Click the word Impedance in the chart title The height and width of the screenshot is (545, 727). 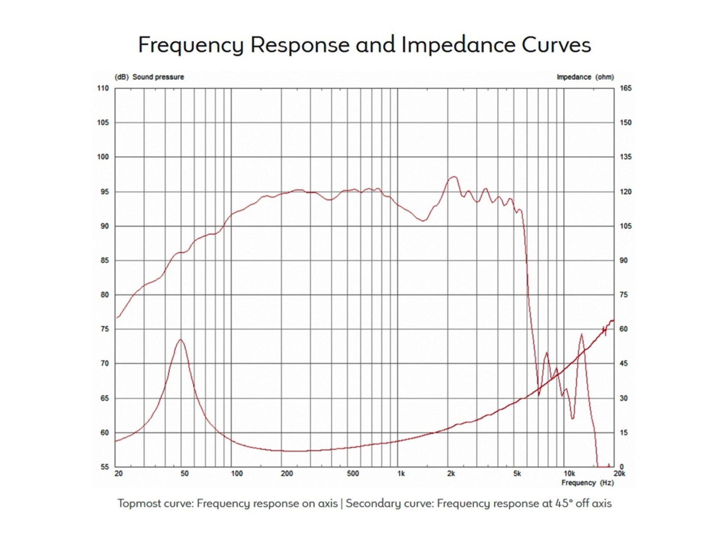coord(458,45)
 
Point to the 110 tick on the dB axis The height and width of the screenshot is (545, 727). coord(103,88)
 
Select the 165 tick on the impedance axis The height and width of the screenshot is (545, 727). coord(626,88)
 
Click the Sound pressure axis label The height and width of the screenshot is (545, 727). coord(158,77)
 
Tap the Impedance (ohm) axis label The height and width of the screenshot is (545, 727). coord(585,77)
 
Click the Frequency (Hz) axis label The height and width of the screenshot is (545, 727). coord(587,483)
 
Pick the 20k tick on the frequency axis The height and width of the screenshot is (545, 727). coord(619,473)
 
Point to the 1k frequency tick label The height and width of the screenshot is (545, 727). coord(401,473)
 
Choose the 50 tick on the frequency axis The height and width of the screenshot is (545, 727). coord(184,473)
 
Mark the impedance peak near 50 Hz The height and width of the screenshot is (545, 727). coord(181,340)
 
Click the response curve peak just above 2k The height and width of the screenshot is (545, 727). coord(453,177)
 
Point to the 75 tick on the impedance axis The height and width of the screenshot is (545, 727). coord(624,295)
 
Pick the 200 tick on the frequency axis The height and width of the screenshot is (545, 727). coord(287,473)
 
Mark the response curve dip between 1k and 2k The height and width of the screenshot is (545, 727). coord(424,221)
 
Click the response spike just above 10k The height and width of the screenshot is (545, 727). coord(582,334)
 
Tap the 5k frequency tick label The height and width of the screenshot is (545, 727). coord(517,473)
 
